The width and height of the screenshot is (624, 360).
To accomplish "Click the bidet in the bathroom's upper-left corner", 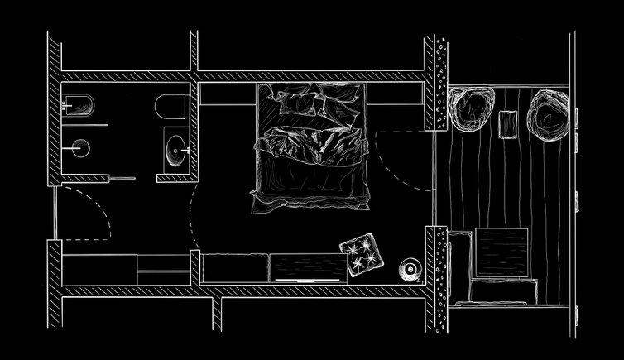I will click(x=81, y=105).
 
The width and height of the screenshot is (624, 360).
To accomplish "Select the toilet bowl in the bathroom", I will click(x=170, y=107).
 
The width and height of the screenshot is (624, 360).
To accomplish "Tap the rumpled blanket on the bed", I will click(x=310, y=157).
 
